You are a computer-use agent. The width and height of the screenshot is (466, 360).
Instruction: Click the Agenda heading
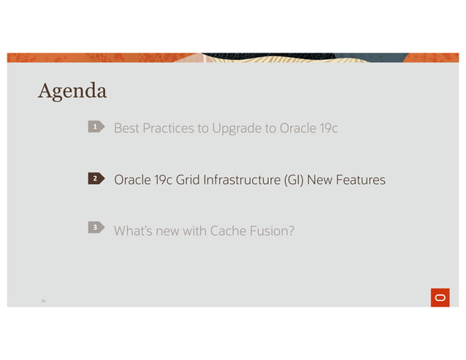click(x=72, y=91)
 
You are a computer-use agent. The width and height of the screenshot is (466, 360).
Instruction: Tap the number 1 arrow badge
click(x=95, y=129)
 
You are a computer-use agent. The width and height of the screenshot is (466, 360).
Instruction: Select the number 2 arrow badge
click(x=95, y=179)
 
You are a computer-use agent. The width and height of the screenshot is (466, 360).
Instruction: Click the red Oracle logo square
click(x=440, y=297)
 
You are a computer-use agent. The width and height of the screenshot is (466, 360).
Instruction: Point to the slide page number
click(x=42, y=299)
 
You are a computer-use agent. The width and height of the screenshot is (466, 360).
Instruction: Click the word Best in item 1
click(x=126, y=129)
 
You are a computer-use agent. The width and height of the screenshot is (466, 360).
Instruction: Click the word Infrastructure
click(x=236, y=180)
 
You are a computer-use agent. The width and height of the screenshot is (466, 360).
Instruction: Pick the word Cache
click(x=229, y=231)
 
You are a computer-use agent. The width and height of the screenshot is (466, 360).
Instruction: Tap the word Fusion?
click(x=272, y=231)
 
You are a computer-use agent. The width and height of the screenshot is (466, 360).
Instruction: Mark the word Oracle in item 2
click(x=131, y=180)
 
